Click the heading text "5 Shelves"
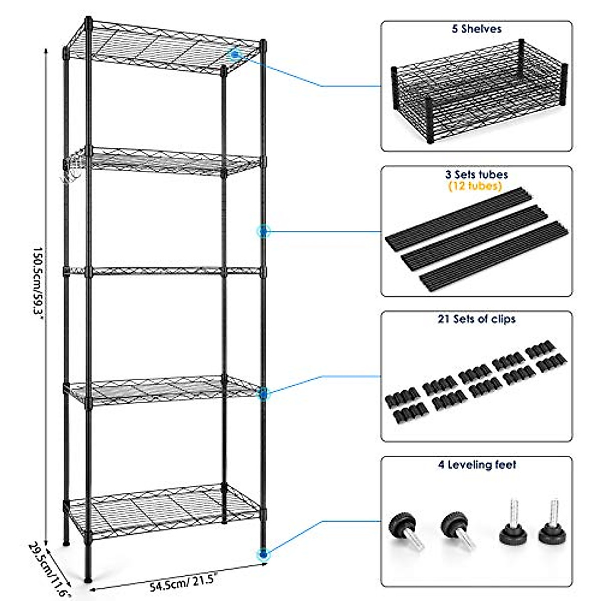tap(476, 30)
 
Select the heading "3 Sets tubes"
tap(476, 175)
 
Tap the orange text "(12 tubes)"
tap(476, 186)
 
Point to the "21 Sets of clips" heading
tap(476, 319)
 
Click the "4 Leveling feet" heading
tap(476, 465)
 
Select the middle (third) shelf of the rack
tap(165, 272)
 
